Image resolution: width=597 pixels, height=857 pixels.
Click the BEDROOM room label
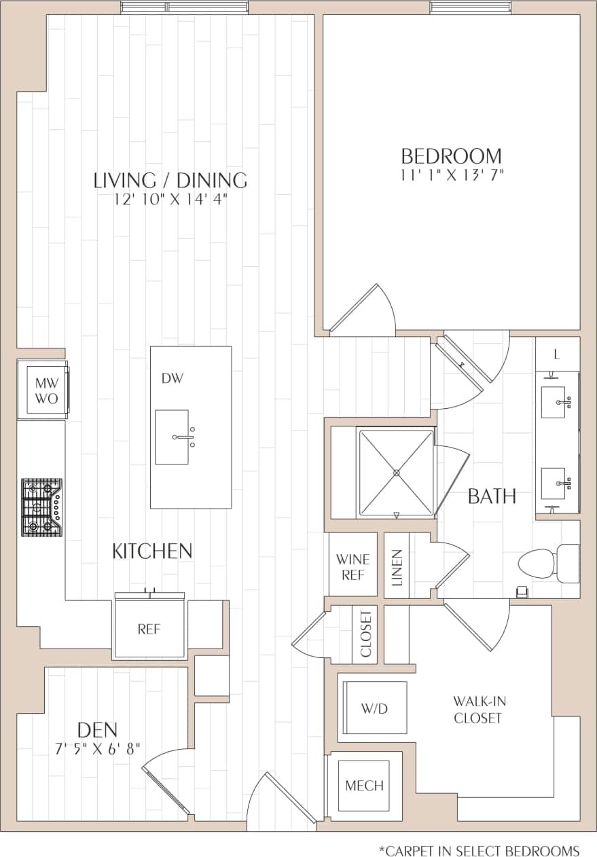pyautogui.click(x=451, y=156)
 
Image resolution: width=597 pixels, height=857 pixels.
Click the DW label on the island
pyautogui.click(x=173, y=378)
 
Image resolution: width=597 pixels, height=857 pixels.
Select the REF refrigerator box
pyautogui.click(x=149, y=629)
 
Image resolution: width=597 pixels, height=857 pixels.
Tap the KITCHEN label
pyautogui.click(x=152, y=551)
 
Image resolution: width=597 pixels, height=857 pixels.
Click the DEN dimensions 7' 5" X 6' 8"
pyautogui.click(x=98, y=750)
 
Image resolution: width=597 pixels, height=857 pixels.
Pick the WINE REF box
pyautogui.click(x=353, y=566)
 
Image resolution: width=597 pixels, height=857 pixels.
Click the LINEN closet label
pyautogui.click(x=397, y=566)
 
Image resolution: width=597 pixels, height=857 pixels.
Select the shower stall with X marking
pyautogui.click(x=396, y=471)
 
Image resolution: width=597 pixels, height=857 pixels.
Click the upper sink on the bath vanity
pyautogui.click(x=558, y=403)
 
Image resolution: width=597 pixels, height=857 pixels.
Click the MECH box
pyautogui.click(x=364, y=786)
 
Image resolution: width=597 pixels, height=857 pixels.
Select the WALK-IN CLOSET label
pyautogui.click(x=479, y=710)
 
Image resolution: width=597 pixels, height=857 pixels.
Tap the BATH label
pyautogui.click(x=492, y=496)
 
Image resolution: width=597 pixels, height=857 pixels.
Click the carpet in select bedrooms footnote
pyautogui.click(x=479, y=850)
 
